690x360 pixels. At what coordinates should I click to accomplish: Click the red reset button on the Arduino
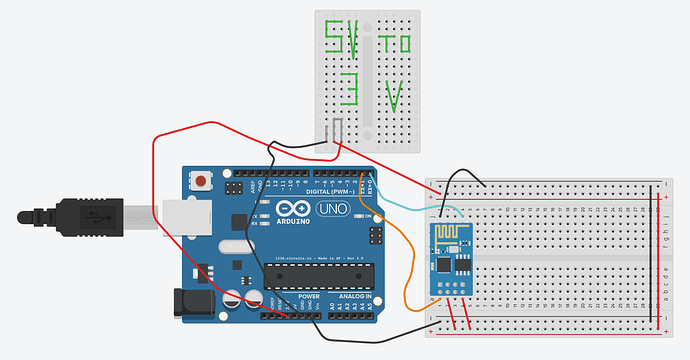(203, 182)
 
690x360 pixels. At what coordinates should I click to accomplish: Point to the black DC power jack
(190, 302)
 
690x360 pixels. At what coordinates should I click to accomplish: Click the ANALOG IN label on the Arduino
(354, 297)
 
